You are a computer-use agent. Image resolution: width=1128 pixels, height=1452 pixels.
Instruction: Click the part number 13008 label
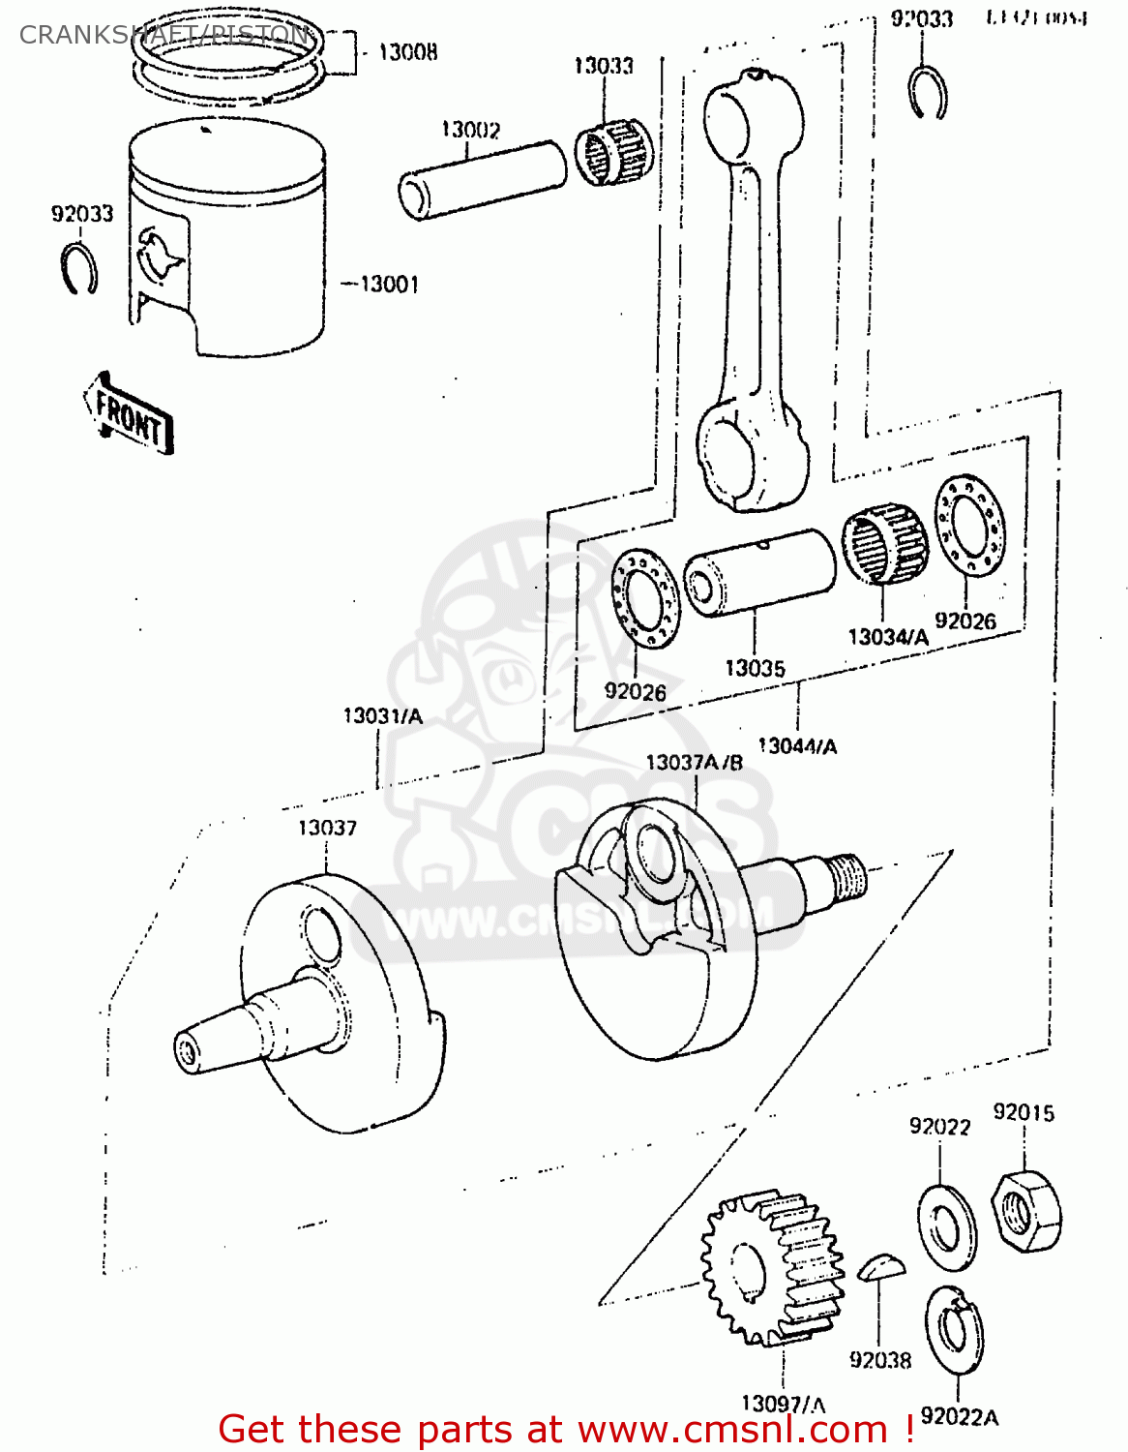pyautogui.click(x=406, y=52)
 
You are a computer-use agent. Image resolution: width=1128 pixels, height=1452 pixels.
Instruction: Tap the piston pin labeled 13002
pyautogui.click(x=482, y=180)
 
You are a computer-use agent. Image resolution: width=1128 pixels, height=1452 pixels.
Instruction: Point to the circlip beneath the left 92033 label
pyautogui.click(x=78, y=268)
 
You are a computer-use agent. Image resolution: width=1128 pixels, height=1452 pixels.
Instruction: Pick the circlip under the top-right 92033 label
pyautogui.click(x=928, y=94)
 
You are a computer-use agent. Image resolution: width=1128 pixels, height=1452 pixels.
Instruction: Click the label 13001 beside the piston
pyautogui.click(x=389, y=284)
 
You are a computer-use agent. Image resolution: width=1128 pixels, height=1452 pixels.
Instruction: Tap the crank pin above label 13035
pyautogui.click(x=758, y=572)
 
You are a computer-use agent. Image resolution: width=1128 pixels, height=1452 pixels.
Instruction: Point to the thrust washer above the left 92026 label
pyautogui.click(x=645, y=596)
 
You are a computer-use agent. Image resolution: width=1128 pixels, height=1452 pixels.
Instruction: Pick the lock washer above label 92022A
pyautogui.click(x=954, y=1331)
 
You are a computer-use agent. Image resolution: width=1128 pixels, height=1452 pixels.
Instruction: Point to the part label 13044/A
pyautogui.click(x=797, y=745)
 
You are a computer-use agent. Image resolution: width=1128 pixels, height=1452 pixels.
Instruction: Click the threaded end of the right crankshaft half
pyautogui.click(x=846, y=877)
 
